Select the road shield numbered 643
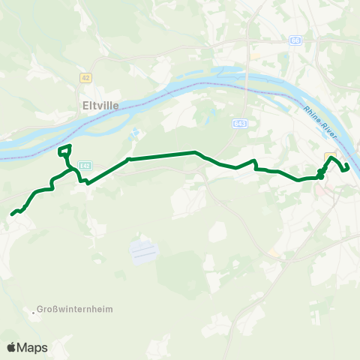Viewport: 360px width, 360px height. (239, 121)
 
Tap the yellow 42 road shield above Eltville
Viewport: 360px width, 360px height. (86, 76)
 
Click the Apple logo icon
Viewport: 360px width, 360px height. (11, 347)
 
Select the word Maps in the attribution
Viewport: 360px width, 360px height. (32, 347)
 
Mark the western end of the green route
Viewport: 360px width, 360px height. (12, 214)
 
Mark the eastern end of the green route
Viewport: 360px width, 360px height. (347, 166)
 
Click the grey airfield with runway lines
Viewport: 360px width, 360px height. (145, 250)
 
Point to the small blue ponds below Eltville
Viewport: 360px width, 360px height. (135, 133)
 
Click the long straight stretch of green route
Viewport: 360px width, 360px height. (162, 155)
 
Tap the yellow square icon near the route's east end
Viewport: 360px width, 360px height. (329, 155)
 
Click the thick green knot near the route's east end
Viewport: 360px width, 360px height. (321, 174)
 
